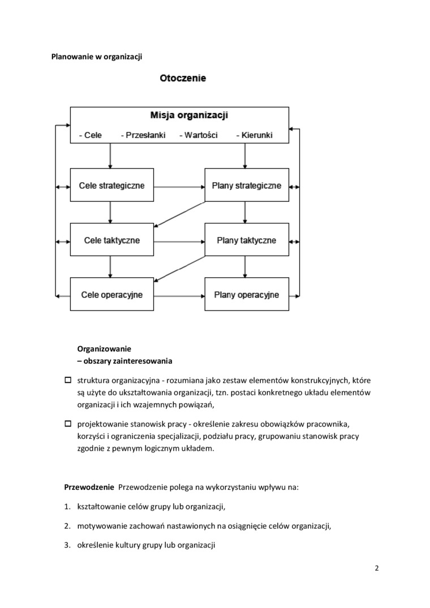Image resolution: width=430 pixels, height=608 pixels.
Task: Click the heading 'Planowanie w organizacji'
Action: click(x=96, y=57)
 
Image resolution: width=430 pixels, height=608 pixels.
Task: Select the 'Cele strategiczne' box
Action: click(x=111, y=186)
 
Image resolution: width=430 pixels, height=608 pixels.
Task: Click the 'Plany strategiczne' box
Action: click(x=246, y=186)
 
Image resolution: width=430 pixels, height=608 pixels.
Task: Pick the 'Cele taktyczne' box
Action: click(x=111, y=240)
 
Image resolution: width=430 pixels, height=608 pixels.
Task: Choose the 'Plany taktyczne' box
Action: click(x=246, y=240)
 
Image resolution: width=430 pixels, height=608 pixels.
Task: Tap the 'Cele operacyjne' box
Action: click(x=111, y=295)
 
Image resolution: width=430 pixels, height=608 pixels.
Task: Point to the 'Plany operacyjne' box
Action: click(x=246, y=295)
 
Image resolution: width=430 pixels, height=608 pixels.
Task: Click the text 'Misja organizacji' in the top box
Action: click(x=189, y=116)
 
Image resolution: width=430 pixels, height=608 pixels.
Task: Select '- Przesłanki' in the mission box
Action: click(x=143, y=136)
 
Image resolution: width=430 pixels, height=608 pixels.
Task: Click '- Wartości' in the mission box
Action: click(x=198, y=136)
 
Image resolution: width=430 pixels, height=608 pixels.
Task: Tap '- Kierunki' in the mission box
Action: click(x=254, y=136)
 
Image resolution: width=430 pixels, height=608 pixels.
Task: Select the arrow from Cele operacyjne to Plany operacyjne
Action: click(x=179, y=295)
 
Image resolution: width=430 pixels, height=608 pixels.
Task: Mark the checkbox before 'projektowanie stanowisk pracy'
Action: click(x=67, y=423)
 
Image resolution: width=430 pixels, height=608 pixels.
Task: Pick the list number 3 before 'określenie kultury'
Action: click(x=66, y=545)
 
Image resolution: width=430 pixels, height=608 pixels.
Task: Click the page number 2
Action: click(x=376, y=568)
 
